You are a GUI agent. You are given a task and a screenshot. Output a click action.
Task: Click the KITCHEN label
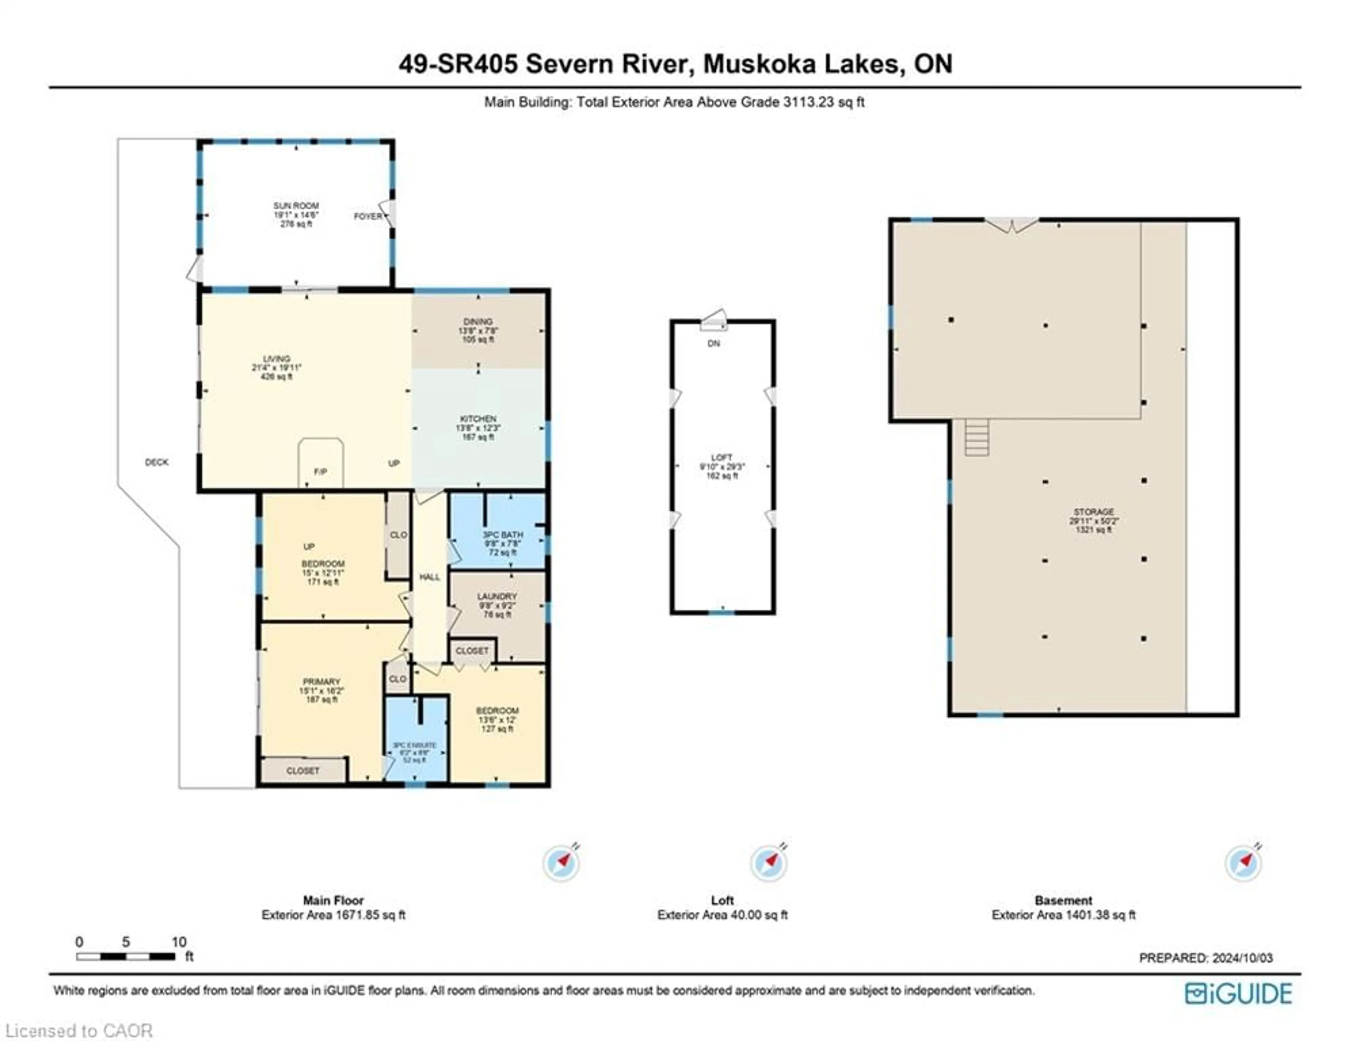point(478,419)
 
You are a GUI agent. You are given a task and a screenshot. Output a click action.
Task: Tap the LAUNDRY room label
point(497,596)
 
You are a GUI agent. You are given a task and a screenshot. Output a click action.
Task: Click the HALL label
point(429,577)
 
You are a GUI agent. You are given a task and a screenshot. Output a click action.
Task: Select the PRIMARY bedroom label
point(321,682)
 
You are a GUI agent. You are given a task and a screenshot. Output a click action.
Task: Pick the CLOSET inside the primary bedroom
point(303,771)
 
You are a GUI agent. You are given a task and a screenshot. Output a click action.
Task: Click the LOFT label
point(722,458)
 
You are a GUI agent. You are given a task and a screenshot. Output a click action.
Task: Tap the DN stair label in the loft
point(713,343)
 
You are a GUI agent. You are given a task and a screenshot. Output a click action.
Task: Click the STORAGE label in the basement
point(1093,512)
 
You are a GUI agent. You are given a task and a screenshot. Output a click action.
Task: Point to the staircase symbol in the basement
point(977,437)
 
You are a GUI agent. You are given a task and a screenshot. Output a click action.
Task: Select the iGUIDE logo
point(1238,994)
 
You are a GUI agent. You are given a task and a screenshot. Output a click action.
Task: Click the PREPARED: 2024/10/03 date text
point(1206,958)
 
